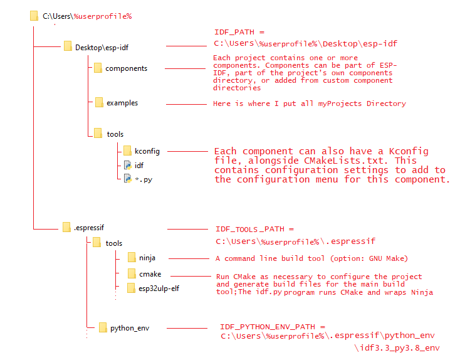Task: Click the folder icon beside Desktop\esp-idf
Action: pos(68,46)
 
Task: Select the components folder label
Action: pos(126,68)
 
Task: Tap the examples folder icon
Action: pos(98,102)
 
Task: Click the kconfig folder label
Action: pos(147,151)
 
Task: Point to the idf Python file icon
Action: pos(127,165)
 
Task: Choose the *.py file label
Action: pos(144,179)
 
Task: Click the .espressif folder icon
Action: pos(66,227)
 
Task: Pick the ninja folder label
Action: pos(147,258)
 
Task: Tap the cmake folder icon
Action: pos(131,273)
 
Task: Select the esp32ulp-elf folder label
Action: pos(159,289)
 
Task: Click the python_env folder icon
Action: pos(103,327)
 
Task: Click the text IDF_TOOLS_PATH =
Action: pos(254,230)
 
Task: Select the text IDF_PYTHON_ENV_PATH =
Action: pos(273,327)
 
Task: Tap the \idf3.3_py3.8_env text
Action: pos(397,347)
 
